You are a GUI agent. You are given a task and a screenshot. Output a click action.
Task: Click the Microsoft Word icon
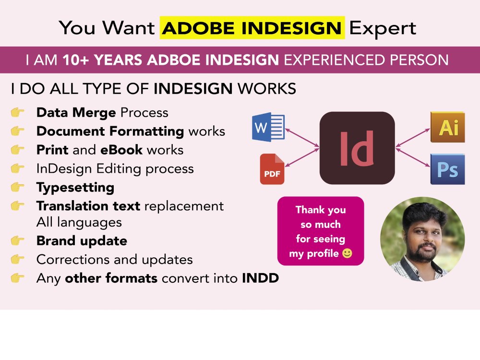[268, 127]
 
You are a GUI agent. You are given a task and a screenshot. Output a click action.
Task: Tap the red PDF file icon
[272, 169]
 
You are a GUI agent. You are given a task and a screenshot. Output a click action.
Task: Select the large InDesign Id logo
[357, 148]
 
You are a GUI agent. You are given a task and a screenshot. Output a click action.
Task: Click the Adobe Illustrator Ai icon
[447, 127]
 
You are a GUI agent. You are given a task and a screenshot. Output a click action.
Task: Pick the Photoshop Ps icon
[447, 169]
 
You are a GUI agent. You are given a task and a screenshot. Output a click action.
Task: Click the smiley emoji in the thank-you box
[347, 253]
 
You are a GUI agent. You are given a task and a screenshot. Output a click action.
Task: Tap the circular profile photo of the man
[422, 239]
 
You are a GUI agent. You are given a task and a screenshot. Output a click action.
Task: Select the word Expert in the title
[383, 28]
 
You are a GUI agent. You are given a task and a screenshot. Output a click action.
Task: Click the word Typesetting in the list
[75, 187]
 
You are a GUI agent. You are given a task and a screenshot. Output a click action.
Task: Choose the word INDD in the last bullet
[260, 278]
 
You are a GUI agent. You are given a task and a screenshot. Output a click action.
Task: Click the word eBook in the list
[121, 150]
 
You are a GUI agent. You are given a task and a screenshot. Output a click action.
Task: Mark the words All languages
[79, 222]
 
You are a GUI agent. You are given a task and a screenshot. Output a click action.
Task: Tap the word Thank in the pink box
[309, 210]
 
